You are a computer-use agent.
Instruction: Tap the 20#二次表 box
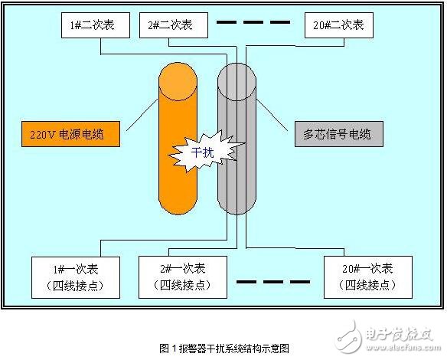[339, 25]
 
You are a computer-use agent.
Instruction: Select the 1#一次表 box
[77, 277]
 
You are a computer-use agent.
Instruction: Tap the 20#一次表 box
[370, 277]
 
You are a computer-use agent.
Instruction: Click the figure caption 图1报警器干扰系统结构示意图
[224, 347]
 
